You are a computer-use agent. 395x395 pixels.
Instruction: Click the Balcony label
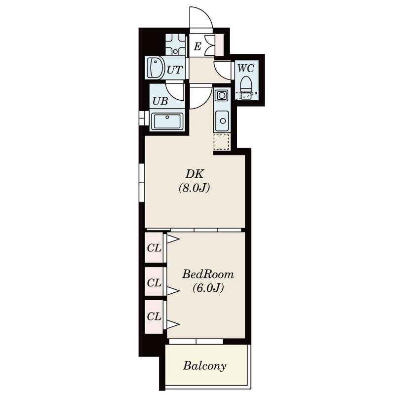(x=204, y=366)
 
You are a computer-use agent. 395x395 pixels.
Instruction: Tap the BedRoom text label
(x=208, y=274)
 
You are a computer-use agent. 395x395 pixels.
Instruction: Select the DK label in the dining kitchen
(x=195, y=174)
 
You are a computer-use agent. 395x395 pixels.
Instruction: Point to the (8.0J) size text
(x=194, y=188)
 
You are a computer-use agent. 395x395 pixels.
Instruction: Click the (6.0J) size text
(x=208, y=288)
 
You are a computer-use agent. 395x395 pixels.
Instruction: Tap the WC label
(x=246, y=68)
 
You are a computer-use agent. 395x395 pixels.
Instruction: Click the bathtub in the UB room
(x=166, y=121)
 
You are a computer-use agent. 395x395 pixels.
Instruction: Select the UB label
(x=160, y=101)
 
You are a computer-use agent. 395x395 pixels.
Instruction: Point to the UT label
(x=174, y=70)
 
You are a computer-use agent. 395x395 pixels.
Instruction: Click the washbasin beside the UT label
(x=155, y=67)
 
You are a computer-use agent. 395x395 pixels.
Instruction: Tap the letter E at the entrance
(x=198, y=46)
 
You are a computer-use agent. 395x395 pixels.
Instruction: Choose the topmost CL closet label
(x=154, y=248)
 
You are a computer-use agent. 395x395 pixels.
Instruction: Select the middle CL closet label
(x=154, y=282)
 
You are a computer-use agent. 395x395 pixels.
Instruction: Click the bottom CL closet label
(x=154, y=316)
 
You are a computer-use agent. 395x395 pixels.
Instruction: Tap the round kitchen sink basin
(x=223, y=121)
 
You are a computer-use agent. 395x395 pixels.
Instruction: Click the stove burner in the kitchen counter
(x=222, y=95)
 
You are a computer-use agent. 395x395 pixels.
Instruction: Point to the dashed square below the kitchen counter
(x=221, y=142)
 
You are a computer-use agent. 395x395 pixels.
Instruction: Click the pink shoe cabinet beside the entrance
(x=219, y=45)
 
